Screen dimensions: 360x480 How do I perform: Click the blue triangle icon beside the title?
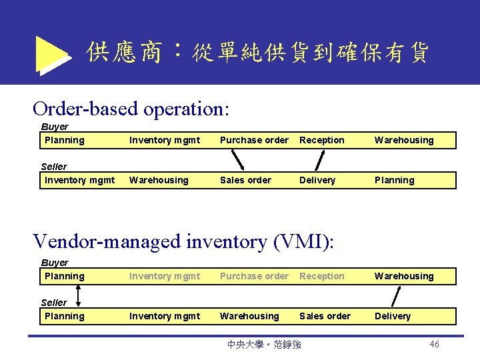click(52, 54)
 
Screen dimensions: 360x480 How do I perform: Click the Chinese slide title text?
click(257, 52)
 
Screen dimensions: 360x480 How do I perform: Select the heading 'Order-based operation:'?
click(131, 108)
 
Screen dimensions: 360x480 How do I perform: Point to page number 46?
click(434, 344)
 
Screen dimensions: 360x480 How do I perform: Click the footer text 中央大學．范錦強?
click(264, 345)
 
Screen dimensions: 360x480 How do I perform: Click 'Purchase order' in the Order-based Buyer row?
click(254, 140)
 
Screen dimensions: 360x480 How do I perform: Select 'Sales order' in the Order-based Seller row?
click(245, 180)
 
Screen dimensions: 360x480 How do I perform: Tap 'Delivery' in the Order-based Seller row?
click(317, 180)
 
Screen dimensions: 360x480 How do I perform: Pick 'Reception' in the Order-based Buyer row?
click(322, 140)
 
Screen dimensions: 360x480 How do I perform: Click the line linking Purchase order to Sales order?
click(237, 160)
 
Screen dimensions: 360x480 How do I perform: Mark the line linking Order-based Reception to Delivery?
click(319, 160)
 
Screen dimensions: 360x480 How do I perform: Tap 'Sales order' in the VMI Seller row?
click(325, 316)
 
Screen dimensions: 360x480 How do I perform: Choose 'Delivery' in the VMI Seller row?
click(393, 316)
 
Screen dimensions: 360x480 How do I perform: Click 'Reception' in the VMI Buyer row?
click(322, 276)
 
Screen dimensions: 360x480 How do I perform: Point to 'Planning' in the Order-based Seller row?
click(394, 180)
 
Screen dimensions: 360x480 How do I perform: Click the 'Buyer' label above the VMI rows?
click(55, 263)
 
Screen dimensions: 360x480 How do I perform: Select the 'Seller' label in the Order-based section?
click(54, 167)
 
